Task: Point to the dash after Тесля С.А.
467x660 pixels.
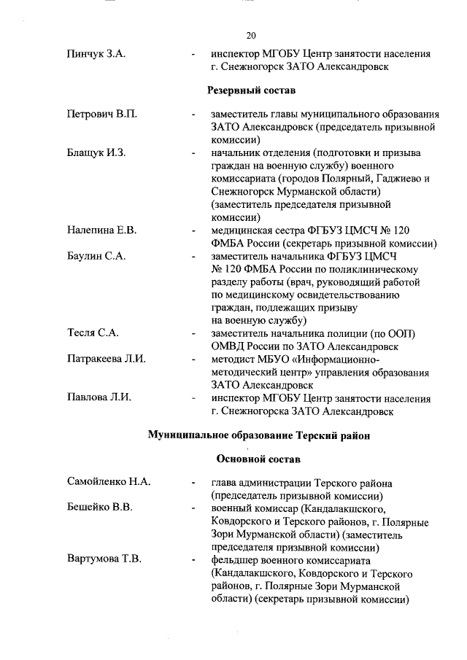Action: click(x=192, y=334)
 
